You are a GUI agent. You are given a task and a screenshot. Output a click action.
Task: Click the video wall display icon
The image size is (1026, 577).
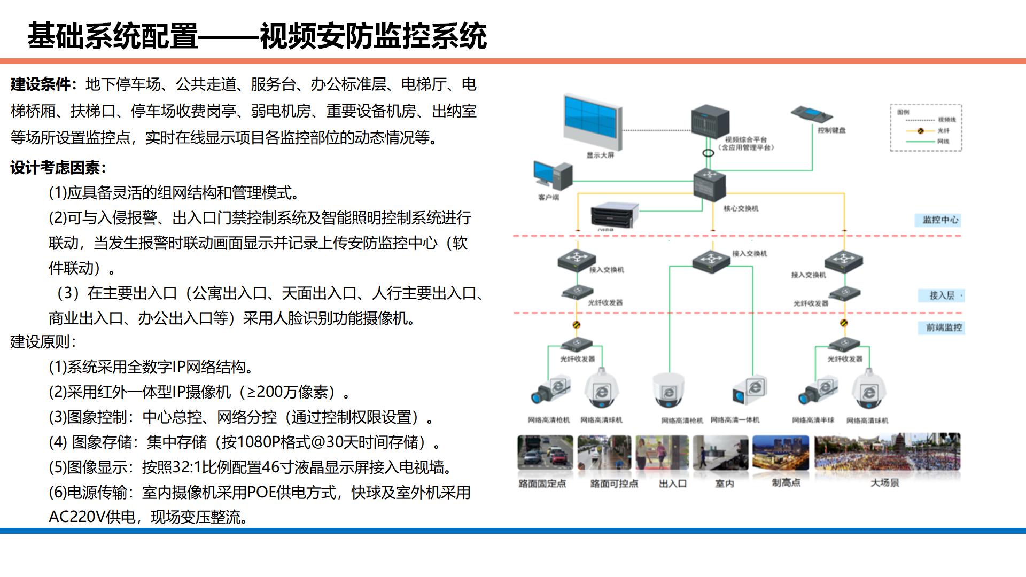[592, 123]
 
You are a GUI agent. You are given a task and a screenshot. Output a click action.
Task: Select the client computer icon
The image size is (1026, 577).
[553, 176]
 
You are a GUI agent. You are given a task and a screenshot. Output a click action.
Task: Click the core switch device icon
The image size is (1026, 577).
[710, 184]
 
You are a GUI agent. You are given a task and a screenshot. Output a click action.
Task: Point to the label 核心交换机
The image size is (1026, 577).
[741, 208]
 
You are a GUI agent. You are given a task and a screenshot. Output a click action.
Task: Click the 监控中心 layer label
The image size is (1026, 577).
[941, 220]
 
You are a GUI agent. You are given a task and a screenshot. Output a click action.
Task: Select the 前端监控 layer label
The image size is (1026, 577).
[944, 328]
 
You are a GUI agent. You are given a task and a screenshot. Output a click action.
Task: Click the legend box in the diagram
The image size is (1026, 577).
[926, 128]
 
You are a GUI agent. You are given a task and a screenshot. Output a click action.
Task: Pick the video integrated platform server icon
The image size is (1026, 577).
[710, 121]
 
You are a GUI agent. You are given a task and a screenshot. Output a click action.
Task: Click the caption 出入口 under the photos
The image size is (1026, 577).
[672, 484]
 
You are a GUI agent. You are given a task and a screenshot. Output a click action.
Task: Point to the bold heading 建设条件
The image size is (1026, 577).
[40, 84]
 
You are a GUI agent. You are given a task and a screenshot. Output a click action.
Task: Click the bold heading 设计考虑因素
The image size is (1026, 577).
[56, 168]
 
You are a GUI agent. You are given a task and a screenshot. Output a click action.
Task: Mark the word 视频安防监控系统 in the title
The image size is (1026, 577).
[373, 36]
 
